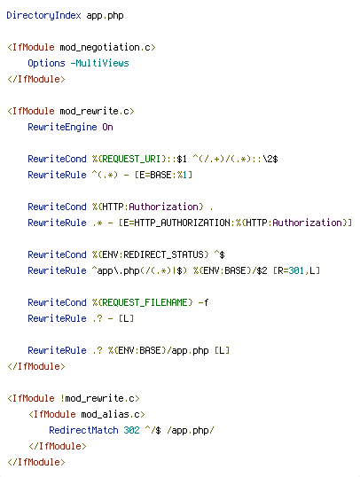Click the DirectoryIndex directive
[x=43, y=15]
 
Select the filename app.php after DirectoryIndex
[x=105, y=16]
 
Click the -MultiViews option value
[x=100, y=63]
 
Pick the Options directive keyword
[x=47, y=63]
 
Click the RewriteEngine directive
[x=62, y=127]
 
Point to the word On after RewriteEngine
[x=107, y=127]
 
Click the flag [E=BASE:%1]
[x=163, y=175]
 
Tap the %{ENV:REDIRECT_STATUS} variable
[x=151, y=254]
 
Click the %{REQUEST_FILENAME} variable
[x=143, y=302]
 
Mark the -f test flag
[x=203, y=302]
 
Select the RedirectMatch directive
[x=83, y=430]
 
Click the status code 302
[x=131, y=430]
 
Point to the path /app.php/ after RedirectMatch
[x=190, y=431]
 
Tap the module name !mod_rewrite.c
[x=97, y=398]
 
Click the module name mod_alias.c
[x=111, y=414]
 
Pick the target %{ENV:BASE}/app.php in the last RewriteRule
[x=158, y=350]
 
